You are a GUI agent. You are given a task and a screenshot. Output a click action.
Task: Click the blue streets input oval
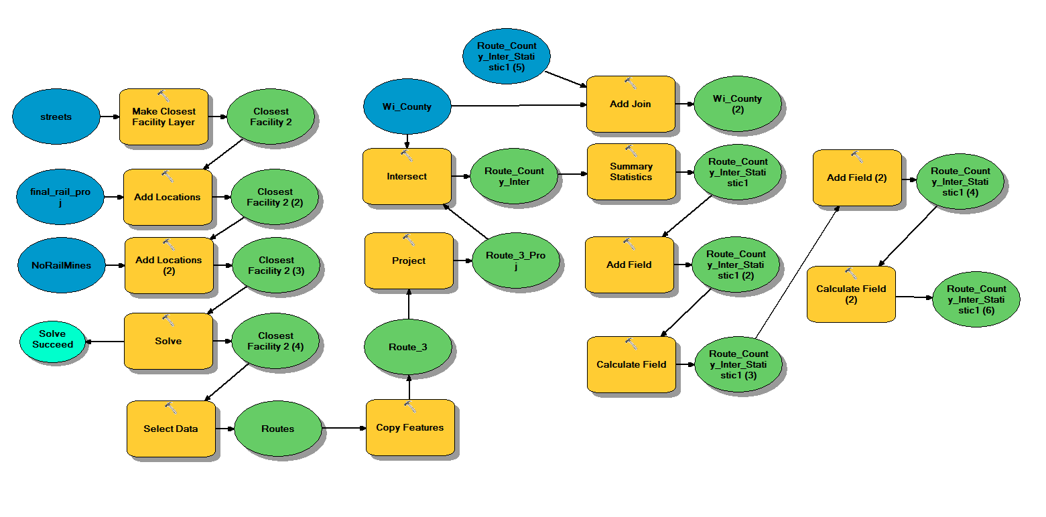(x=56, y=117)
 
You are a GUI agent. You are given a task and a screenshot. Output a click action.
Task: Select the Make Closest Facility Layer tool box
(x=164, y=117)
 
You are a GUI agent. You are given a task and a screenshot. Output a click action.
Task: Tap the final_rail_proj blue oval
(x=60, y=197)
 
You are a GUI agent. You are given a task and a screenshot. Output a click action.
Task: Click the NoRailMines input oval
(x=61, y=265)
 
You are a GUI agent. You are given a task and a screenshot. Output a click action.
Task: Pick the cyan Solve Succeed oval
(x=52, y=339)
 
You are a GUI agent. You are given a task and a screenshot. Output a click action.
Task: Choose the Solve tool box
(x=168, y=341)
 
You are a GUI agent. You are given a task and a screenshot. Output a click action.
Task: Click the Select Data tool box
(x=171, y=429)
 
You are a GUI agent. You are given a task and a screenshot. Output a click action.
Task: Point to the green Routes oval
(x=277, y=429)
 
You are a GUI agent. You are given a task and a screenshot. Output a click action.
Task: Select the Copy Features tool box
(x=410, y=427)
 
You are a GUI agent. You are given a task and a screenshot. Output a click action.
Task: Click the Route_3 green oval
(x=408, y=347)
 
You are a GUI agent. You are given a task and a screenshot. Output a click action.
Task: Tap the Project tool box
(x=409, y=261)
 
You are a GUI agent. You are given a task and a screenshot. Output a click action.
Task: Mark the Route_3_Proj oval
(x=515, y=261)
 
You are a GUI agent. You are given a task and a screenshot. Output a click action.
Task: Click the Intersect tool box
(x=407, y=177)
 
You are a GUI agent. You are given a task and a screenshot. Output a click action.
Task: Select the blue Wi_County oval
(x=407, y=106)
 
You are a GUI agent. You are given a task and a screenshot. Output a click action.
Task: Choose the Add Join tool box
(x=630, y=104)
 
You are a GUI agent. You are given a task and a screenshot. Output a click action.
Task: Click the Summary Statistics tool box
(x=631, y=171)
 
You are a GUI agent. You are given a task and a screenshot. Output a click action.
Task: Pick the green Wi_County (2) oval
(x=737, y=104)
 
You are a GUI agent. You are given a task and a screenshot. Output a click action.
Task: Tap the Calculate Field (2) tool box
(x=851, y=294)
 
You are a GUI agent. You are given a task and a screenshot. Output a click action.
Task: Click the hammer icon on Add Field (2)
(x=857, y=157)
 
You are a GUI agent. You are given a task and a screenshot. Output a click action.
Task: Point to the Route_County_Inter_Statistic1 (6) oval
(x=976, y=299)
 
